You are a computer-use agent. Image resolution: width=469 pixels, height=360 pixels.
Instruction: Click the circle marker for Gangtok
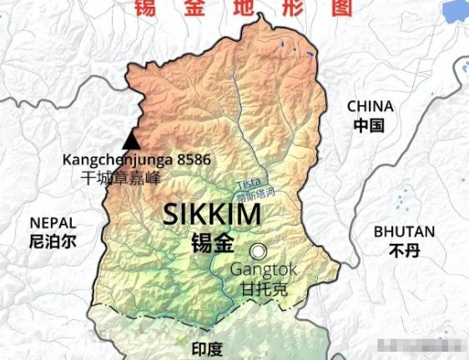click(260, 251)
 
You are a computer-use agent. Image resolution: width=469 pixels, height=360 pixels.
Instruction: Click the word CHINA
click(370, 106)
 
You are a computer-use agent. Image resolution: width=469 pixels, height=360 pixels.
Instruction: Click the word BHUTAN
click(404, 231)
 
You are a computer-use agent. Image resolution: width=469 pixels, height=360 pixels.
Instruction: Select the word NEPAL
click(52, 223)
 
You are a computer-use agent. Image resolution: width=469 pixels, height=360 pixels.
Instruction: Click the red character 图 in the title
click(340, 8)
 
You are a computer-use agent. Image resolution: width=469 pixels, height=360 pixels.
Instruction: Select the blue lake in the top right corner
click(454, 11)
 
